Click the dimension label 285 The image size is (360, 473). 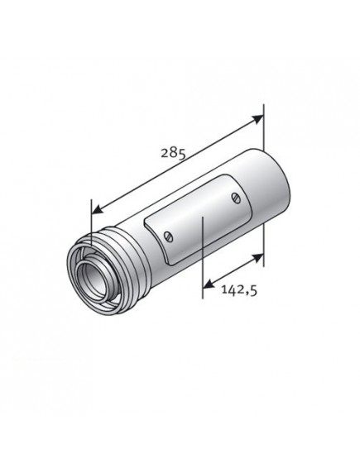[x=173, y=153]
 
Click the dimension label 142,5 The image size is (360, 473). [x=239, y=290]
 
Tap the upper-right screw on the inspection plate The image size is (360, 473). [x=236, y=198]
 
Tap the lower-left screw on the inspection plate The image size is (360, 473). [x=169, y=236]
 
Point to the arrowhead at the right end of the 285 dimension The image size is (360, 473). [x=258, y=119]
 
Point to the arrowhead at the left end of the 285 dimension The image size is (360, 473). [x=98, y=209]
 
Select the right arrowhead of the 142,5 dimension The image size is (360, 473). [x=257, y=259]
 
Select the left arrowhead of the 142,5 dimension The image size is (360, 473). [x=209, y=284]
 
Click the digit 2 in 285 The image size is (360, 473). [x=165, y=153]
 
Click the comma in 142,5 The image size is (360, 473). [x=247, y=294]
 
